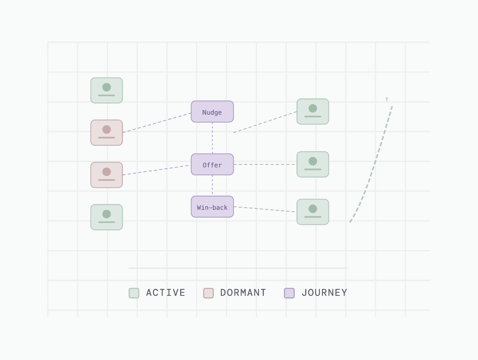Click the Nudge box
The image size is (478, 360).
[x=212, y=112]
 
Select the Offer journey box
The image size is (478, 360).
[x=212, y=164]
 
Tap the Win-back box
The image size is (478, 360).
[x=212, y=207]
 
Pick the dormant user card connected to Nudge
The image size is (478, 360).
[x=107, y=133]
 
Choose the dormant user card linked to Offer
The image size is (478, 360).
[x=107, y=175]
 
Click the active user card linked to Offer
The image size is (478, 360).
[x=313, y=164]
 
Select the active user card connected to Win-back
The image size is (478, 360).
[x=313, y=212]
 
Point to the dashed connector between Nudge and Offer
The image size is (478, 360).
[x=212, y=138]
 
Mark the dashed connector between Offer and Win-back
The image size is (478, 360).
[x=212, y=186]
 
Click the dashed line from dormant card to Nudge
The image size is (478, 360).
[x=157, y=123]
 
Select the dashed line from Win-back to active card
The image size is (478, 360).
[x=264, y=209]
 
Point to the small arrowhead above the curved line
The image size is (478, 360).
[x=387, y=99]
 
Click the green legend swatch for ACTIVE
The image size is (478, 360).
[x=134, y=293]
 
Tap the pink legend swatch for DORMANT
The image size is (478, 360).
[x=208, y=293]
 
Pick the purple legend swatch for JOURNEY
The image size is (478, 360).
[x=289, y=293]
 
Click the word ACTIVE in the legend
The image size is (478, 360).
[x=166, y=293]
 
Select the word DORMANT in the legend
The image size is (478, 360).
[x=243, y=293]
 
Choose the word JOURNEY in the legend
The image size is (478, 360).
[x=324, y=293]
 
